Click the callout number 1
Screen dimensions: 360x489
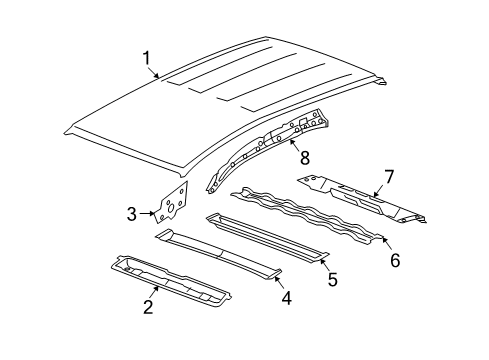(x=148, y=59)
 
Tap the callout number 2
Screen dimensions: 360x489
(x=147, y=306)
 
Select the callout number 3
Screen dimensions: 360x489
(x=131, y=212)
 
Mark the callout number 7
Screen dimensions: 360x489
(x=388, y=176)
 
